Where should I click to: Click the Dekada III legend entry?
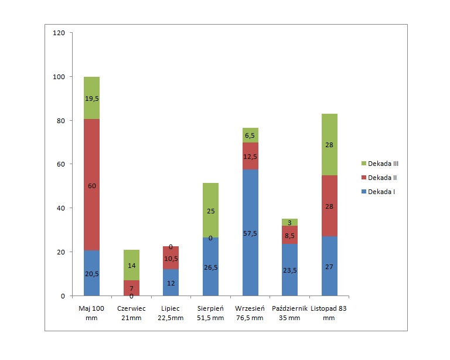click(x=380, y=164)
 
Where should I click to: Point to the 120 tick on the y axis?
click(x=59, y=33)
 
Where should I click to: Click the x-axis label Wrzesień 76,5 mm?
click(x=250, y=313)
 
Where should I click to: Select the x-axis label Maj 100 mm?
click(x=91, y=313)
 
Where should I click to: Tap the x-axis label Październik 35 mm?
click(x=289, y=313)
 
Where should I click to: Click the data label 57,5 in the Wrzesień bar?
click(x=250, y=233)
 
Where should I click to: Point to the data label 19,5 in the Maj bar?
click(x=91, y=99)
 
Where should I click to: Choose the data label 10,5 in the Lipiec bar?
click(x=171, y=259)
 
